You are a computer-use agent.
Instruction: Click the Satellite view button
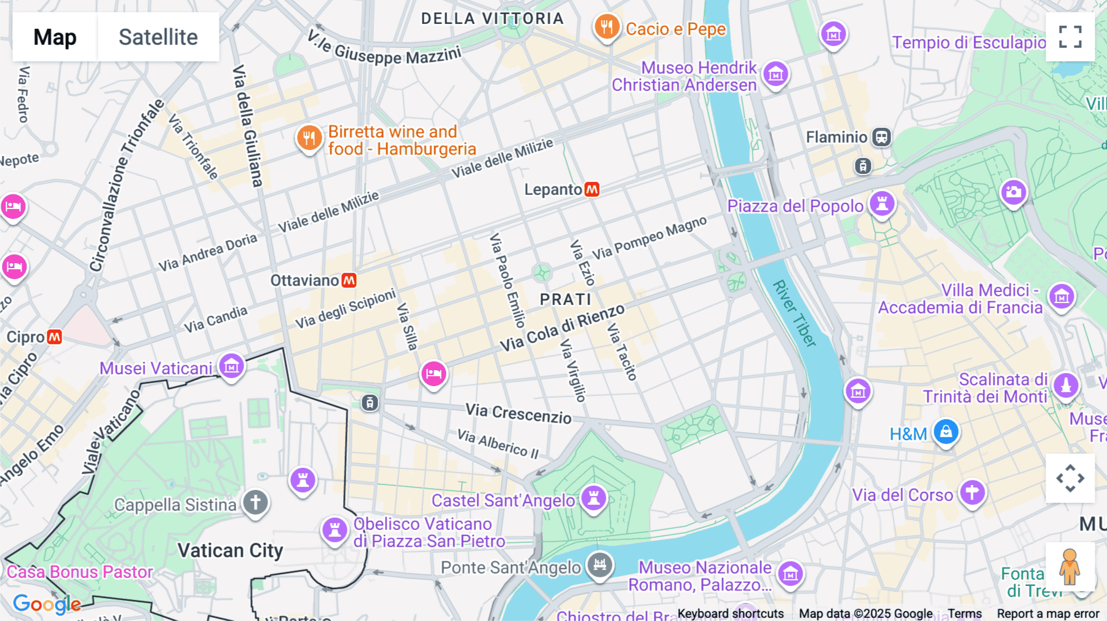158,37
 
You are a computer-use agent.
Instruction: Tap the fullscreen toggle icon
1070,37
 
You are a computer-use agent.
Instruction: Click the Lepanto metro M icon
592,189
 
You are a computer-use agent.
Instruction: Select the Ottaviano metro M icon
349,280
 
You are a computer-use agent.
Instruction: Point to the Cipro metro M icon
55,337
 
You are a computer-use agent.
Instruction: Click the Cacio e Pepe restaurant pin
606,27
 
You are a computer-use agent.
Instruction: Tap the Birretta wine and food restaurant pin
309,138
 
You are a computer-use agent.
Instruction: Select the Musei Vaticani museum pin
231,366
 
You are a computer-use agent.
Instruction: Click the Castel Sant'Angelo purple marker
593,497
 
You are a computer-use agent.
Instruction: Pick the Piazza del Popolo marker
882,204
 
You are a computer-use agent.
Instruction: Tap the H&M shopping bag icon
946,432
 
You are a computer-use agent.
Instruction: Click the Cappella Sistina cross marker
255,502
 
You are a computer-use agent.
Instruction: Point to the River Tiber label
795,314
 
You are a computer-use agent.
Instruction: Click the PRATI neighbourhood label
565,299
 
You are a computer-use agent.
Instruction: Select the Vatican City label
230,550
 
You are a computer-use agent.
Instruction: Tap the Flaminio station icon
881,137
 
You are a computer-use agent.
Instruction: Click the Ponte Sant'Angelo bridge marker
600,564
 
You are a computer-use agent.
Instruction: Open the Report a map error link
1047,614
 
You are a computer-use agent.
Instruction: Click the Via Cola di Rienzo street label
561,328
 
